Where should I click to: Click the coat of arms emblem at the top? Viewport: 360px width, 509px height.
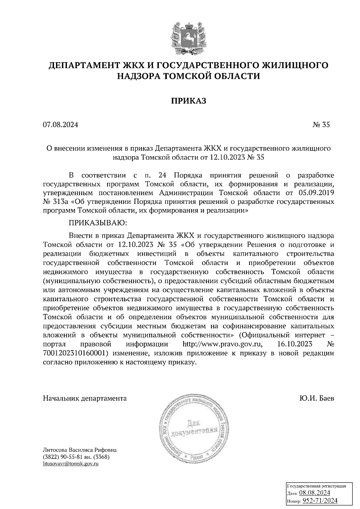[x=188, y=37]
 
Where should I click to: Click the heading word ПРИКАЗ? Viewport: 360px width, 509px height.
[x=189, y=101]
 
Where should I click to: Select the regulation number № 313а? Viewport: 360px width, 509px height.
[x=55, y=201]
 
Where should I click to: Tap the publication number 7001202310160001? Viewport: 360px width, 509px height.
[x=75, y=353]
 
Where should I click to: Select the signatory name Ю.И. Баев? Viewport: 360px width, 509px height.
[x=316, y=398]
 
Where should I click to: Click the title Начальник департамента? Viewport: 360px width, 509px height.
[x=85, y=398]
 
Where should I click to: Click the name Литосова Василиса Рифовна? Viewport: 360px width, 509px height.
[x=80, y=450]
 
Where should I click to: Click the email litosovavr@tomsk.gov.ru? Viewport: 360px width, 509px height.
[x=71, y=464]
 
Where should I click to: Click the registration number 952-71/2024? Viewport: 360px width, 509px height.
[x=319, y=500]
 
